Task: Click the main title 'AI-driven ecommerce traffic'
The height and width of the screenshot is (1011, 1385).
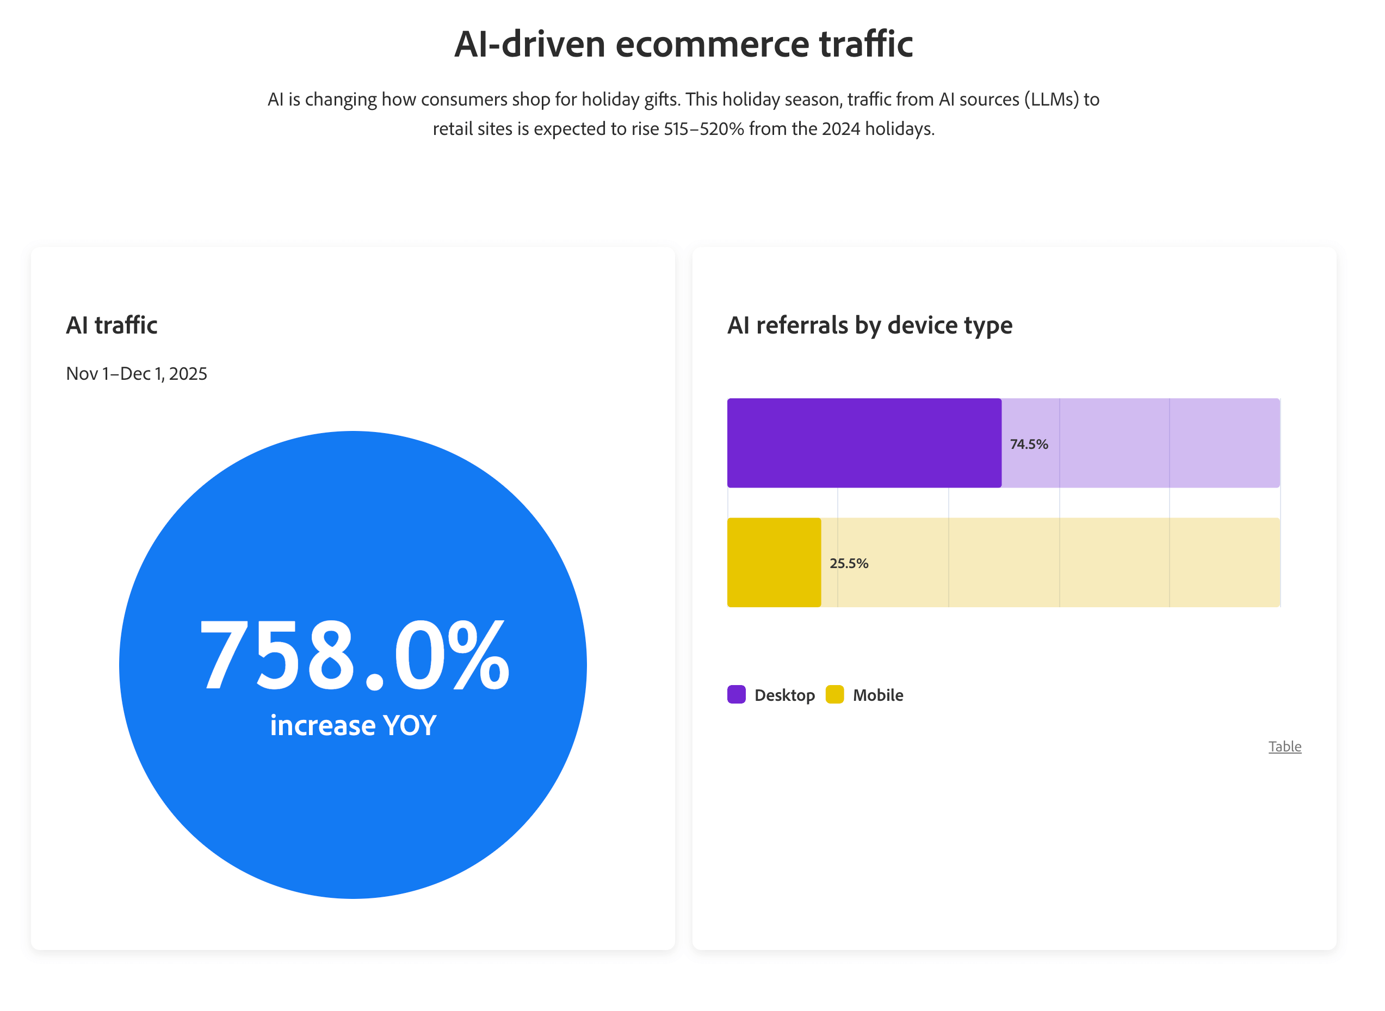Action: [683, 44]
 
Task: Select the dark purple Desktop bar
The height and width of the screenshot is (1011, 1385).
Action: [864, 443]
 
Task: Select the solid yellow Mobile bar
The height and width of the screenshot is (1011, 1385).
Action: [774, 563]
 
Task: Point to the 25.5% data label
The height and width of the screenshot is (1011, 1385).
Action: [849, 563]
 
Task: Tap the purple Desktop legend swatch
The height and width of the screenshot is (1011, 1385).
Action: [736, 695]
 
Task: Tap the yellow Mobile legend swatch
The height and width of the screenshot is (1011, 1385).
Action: [834, 695]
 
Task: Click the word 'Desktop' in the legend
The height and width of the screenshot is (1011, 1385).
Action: [784, 695]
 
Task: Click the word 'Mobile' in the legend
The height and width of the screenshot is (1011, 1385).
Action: [878, 695]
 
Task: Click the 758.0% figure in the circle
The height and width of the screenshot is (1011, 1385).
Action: [355, 655]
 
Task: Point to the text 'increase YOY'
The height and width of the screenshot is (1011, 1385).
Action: [353, 726]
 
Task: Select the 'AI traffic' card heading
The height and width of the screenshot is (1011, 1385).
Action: [112, 325]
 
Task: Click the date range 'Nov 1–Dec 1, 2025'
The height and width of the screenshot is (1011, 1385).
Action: [137, 373]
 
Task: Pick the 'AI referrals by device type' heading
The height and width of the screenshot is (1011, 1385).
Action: [869, 325]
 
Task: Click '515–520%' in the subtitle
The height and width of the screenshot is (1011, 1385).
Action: [703, 129]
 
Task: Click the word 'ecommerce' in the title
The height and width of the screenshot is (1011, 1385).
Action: [712, 44]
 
